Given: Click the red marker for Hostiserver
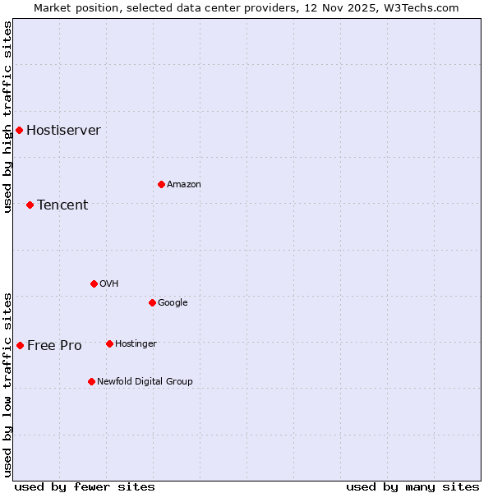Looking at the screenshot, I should [19, 130].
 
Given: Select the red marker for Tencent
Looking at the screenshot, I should [30, 205].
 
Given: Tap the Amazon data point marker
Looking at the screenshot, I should [161, 184].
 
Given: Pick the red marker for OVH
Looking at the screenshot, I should [94, 283].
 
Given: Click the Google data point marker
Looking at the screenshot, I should [152, 302].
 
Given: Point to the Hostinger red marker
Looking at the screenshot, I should [109, 343].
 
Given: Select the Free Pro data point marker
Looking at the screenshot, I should [20, 345].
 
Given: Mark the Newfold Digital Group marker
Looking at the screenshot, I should [91, 381].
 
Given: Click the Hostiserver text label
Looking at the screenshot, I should [63, 130].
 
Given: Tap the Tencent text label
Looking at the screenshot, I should [62, 205].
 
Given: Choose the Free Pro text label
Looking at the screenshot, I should [54, 345].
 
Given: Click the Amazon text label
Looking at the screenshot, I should [184, 184].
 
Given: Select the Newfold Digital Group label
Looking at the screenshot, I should [145, 381].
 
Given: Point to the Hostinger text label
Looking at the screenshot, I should [136, 343].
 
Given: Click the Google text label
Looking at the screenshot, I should [173, 302].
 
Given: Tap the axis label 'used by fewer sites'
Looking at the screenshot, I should [85, 486].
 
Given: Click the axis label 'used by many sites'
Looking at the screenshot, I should [412, 486].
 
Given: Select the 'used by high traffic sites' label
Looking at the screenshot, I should [7, 117].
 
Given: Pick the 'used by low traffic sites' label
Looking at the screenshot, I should [7, 384].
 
